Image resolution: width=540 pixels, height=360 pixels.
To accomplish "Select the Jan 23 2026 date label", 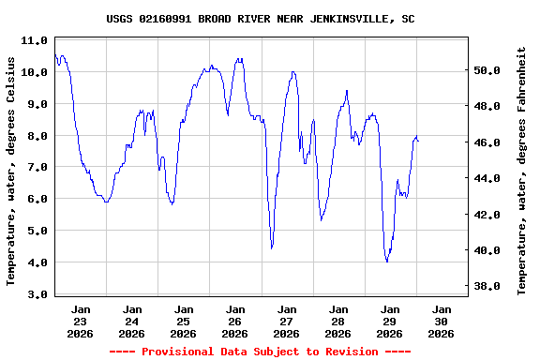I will [81, 321].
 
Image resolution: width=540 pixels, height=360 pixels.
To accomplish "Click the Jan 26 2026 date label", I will [235, 321].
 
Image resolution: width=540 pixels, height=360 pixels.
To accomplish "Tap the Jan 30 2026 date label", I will [442, 321].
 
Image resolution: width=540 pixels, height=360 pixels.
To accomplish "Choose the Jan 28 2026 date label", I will [338, 321].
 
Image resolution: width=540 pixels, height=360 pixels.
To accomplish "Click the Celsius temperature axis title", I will [12, 169].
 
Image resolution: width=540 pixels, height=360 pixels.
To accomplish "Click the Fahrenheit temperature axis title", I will [522, 169].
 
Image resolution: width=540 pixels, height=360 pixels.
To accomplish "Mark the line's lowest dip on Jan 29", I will [387, 261].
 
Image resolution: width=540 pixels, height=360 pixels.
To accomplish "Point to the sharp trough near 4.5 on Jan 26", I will [272, 247].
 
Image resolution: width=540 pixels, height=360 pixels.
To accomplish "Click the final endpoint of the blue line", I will [418, 141].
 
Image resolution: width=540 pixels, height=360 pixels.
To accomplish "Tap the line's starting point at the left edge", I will [55, 54].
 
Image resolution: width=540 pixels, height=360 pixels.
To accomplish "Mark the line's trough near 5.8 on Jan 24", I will [172, 203].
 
